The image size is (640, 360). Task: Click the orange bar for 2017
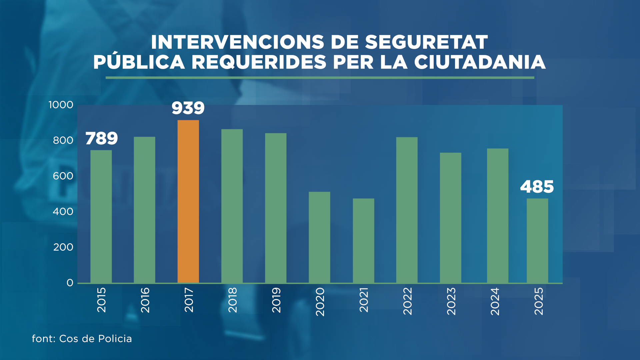188,201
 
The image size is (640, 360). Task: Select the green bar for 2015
101,216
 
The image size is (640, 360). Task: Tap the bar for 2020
319,237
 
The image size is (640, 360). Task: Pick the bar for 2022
407,210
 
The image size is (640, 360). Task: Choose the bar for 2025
537,240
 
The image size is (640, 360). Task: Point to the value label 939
188,108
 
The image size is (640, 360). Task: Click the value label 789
102,139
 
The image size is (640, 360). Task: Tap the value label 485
537,187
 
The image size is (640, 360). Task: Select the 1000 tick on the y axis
61,105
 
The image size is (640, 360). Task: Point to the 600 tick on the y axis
63,176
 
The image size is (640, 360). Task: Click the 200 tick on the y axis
63,247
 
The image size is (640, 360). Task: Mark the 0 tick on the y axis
70,283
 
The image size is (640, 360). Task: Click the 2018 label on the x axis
232,300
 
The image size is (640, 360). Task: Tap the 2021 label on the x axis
363,300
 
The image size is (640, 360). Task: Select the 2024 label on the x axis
495,301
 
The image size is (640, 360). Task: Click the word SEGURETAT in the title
426,42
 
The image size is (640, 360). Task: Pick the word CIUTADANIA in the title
480,62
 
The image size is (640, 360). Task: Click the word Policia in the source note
115,339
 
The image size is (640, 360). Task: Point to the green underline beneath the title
320,78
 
